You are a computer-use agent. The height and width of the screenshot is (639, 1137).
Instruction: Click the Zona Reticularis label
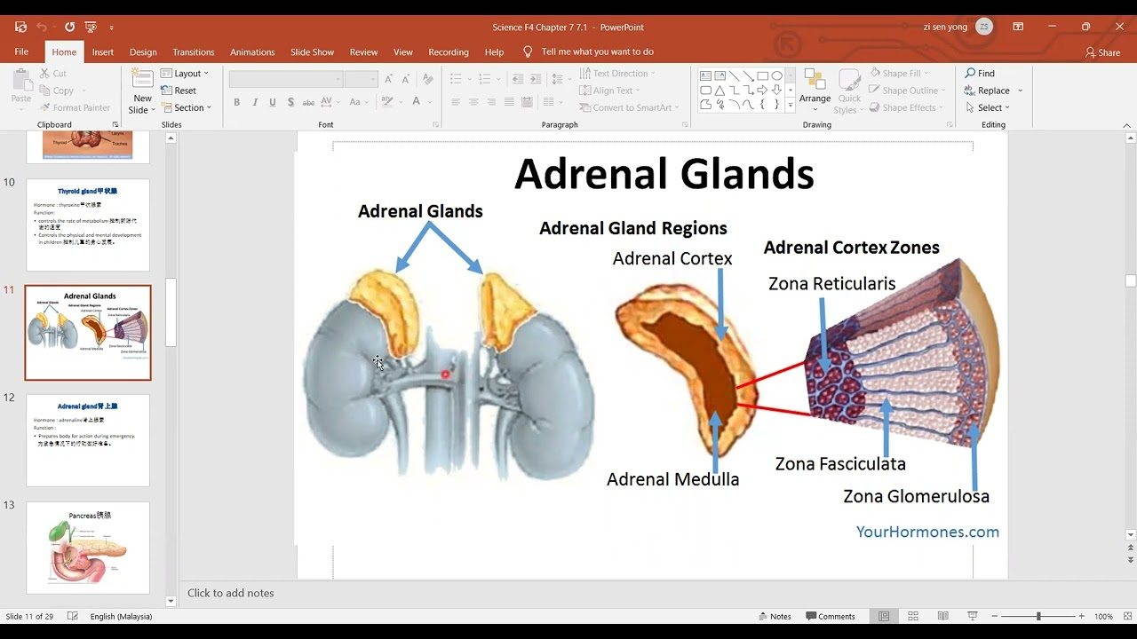pyautogui.click(x=831, y=284)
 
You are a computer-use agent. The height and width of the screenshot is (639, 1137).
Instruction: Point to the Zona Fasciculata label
pyautogui.click(x=840, y=463)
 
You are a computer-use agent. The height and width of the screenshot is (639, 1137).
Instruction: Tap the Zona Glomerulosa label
pyautogui.click(x=916, y=496)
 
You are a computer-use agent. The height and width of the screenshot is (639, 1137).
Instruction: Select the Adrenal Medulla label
pyautogui.click(x=672, y=479)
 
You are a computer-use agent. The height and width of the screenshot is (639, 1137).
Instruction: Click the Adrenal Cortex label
pyautogui.click(x=672, y=259)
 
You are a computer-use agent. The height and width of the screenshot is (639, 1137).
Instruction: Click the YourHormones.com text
pyautogui.click(x=927, y=532)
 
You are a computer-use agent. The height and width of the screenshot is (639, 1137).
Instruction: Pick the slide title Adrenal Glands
pyautogui.click(x=664, y=174)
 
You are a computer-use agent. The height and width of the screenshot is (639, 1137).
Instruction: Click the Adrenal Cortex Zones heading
pyautogui.click(x=851, y=248)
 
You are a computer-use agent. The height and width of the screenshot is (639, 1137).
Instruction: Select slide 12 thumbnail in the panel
pyautogui.click(x=88, y=440)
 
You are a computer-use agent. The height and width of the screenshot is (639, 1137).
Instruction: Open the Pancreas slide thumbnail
pyautogui.click(x=88, y=548)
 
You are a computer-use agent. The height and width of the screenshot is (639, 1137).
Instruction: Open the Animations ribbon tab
pyautogui.click(x=252, y=52)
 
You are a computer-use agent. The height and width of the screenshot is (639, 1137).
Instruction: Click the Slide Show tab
pyautogui.click(x=312, y=52)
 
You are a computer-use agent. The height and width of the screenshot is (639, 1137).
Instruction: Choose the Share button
pyautogui.click(x=1102, y=52)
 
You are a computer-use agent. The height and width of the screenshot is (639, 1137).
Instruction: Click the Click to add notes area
pyautogui.click(x=231, y=593)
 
